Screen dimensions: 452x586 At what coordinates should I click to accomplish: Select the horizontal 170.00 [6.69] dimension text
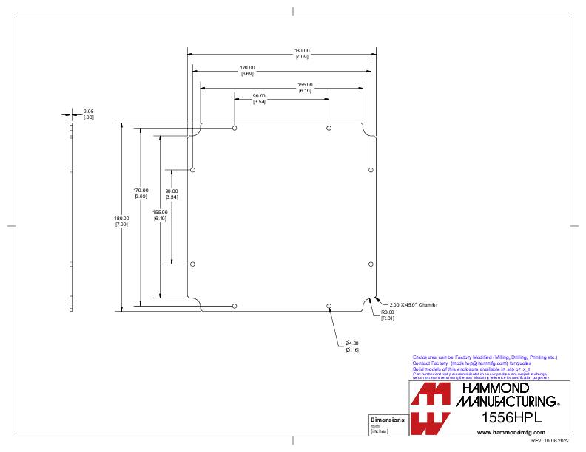tap(247, 70)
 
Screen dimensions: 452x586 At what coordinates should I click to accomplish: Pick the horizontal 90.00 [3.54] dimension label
tap(259, 98)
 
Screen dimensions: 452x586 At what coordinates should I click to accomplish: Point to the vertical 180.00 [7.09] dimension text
tap(121, 221)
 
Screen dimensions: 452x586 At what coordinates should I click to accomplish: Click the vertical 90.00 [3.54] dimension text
tap(171, 194)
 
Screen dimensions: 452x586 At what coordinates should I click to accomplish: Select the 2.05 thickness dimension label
tap(88, 114)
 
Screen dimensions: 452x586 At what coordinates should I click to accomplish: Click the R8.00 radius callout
tap(387, 315)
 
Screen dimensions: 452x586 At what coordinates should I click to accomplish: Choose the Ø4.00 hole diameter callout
tap(351, 346)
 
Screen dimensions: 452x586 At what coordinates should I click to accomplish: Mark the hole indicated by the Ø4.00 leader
tap(329, 306)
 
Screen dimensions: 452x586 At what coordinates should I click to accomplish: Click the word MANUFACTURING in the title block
tap(505, 401)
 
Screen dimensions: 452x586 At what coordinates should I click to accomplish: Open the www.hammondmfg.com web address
tap(506, 432)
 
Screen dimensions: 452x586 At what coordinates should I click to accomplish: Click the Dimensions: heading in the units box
tap(388, 420)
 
